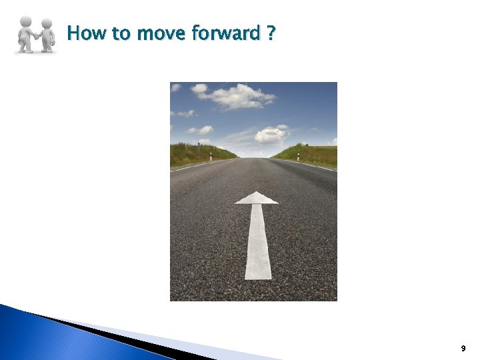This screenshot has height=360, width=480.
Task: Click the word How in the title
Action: [x=83, y=33]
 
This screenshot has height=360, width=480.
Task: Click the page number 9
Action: [x=463, y=349]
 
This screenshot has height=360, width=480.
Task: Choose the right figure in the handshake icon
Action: [x=47, y=35]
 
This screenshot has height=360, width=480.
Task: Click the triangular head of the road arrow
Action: [x=257, y=198]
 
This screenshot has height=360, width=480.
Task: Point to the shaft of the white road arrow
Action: [x=258, y=243]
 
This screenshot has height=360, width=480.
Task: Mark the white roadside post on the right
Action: [x=298, y=157]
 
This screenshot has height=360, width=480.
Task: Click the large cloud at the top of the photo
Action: [x=237, y=96]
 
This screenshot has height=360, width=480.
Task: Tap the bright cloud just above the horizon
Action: [x=270, y=135]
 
